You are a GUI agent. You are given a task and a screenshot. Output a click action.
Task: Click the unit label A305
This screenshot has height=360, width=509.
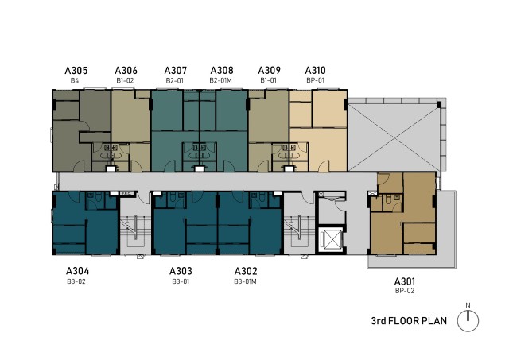pyautogui.click(x=76, y=71)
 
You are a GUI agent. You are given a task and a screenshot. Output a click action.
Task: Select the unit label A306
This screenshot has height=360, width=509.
pyautogui.click(x=126, y=71)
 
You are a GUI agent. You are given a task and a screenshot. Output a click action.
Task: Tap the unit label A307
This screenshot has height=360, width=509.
pyautogui.click(x=176, y=71)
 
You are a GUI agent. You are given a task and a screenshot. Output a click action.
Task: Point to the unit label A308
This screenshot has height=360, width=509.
pyautogui.click(x=222, y=71)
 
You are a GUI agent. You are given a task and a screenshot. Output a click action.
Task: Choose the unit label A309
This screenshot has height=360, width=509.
pyautogui.click(x=269, y=71)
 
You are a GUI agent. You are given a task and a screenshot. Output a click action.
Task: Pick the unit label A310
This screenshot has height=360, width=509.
pyautogui.click(x=315, y=71)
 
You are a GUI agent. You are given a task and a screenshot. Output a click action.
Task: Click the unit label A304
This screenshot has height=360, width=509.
pyautogui.click(x=77, y=271)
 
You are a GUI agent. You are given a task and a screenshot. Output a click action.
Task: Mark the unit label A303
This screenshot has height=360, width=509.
pyautogui.click(x=181, y=271)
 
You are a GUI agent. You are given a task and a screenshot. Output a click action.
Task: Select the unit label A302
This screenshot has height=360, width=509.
pyautogui.click(x=246, y=271)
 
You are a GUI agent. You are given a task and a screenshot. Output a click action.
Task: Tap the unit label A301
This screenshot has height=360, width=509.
pyautogui.click(x=405, y=281)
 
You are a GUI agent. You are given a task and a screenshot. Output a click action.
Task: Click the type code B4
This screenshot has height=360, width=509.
pyautogui.click(x=75, y=80)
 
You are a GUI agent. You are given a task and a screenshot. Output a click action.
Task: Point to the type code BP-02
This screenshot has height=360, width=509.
pyautogui.click(x=405, y=291)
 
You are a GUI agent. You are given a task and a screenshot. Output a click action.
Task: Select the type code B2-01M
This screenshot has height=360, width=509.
pyautogui.click(x=221, y=80)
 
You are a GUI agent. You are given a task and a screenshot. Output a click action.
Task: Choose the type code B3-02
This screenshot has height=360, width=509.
pyautogui.click(x=76, y=281)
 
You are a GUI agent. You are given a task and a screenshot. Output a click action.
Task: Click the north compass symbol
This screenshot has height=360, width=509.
pyautogui.click(x=468, y=321)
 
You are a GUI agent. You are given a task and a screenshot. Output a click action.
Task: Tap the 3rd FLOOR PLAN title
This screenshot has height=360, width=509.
pyautogui.click(x=409, y=321)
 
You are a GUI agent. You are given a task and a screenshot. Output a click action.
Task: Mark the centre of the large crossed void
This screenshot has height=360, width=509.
pyautogui.click(x=394, y=138)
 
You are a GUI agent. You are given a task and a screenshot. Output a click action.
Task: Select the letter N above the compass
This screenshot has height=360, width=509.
pyautogui.click(x=468, y=305)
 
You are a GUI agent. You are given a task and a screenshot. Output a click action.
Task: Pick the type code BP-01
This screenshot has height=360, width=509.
pyautogui.click(x=315, y=80)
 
